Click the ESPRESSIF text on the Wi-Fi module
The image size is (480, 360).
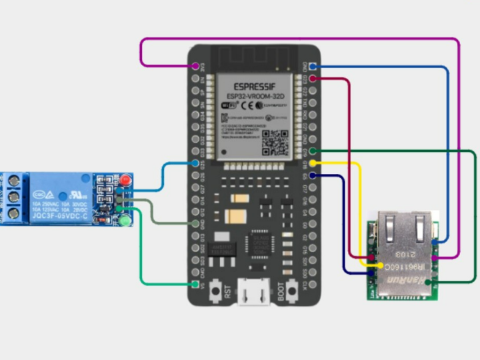pyautogui.click(x=253, y=87)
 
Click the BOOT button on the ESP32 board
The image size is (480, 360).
pyautogui.click(x=283, y=291)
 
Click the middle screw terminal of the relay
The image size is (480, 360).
pyautogui.click(x=13, y=197)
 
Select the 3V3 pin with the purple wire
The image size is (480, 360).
pyautogui.click(x=196, y=67)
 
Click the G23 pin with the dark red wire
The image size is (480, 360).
pyautogui.click(x=312, y=79)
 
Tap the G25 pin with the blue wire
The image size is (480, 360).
pyautogui.click(x=196, y=163)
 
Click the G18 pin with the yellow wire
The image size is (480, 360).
pyautogui.click(x=312, y=163)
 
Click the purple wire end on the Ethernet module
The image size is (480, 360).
pyautogui.click(x=435, y=257)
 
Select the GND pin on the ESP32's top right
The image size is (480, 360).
pyautogui.click(x=312, y=67)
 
